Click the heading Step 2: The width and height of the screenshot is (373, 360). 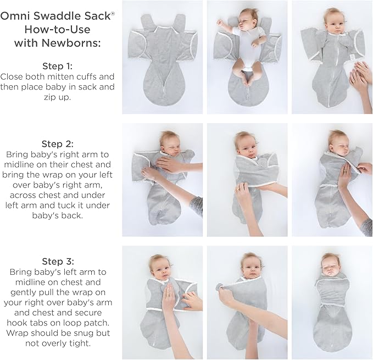coord(58,144)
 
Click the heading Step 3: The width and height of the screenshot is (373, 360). coord(58,261)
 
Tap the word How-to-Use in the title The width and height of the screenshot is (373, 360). coord(58,29)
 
